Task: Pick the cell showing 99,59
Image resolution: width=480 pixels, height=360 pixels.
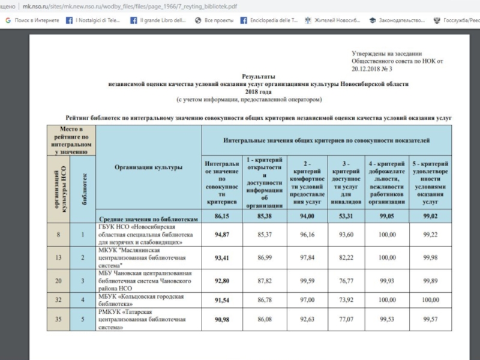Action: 304,281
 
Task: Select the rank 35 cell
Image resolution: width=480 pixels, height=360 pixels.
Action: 59,319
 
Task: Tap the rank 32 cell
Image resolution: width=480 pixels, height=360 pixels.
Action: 59,299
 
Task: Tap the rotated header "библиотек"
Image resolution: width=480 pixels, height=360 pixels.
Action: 83,184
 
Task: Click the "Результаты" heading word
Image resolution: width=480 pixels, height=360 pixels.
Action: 258,77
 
